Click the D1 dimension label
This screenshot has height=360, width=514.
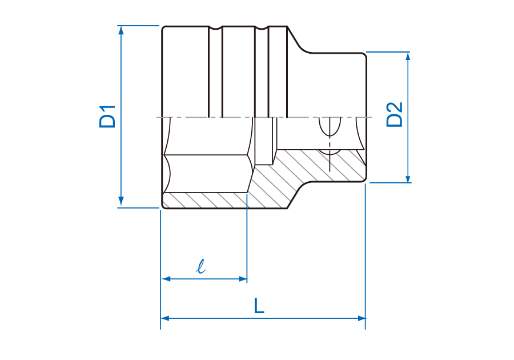(107, 117)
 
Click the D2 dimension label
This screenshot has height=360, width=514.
(394, 114)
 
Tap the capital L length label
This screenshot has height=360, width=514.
(259, 306)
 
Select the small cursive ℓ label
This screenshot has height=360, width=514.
(200, 266)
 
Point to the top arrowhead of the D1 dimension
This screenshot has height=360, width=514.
(121, 30)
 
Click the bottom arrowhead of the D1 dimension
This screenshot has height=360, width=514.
(121, 201)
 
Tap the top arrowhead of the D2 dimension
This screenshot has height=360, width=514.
(408, 57)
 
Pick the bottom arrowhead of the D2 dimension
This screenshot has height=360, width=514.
(408, 178)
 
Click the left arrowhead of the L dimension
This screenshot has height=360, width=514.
(165, 318)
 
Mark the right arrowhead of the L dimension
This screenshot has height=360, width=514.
(362, 318)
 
